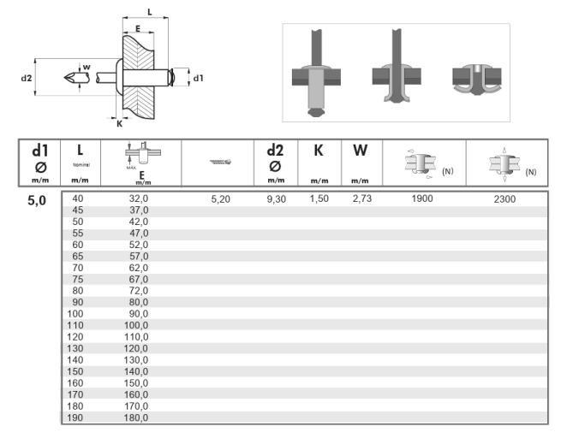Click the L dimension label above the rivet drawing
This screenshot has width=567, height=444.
tap(151, 12)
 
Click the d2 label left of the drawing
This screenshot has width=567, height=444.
tap(27, 78)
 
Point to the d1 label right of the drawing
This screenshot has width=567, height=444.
tap(198, 78)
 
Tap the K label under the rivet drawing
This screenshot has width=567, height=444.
tap(118, 122)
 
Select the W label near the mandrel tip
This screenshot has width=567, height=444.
tap(86, 65)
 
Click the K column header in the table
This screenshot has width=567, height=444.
tap(318, 151)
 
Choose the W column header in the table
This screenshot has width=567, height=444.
tap(360, 151)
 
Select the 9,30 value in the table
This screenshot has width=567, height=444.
tap(276, 199)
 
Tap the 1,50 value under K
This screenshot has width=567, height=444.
tap(318, 199)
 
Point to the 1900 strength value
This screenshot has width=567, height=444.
tap(422, 199)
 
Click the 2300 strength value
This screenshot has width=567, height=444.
tap(506, 199)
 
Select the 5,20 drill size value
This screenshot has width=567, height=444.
tap(221, 199)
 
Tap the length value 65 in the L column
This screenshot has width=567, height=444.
tap(78, 256)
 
